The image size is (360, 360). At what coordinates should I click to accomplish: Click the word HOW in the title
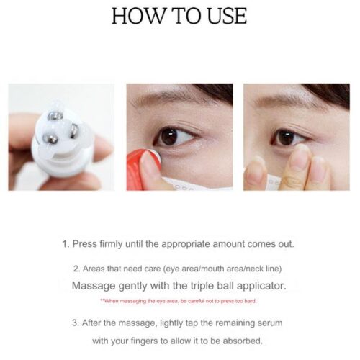[x=138, y=16]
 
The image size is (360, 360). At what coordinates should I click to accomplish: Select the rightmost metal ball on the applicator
[x=75, y=130]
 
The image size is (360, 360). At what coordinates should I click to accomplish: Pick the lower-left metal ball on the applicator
[x=51, y=139]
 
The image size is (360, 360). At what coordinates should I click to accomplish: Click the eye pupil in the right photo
[x=285, y=138]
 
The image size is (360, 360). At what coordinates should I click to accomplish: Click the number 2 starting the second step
[x=76, y=269]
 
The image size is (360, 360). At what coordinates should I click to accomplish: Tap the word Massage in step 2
[x=94, y=286]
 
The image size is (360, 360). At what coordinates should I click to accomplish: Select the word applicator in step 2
[x=261, y=286]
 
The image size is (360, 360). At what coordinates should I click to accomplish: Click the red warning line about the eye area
[x=179, y=301]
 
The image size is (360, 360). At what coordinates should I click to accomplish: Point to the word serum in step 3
[x=270, y=323]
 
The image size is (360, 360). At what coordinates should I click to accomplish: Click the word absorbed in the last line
[x=243, y=341]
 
